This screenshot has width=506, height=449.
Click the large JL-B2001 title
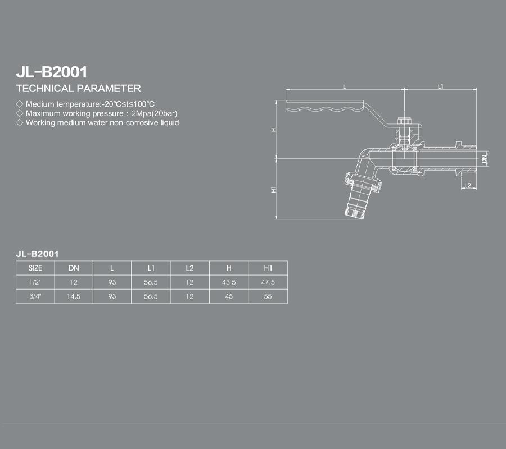click(x=52, y=72)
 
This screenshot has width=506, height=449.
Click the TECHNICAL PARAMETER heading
click(x=78, y=89)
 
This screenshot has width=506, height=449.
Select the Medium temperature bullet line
click(x=85, y=104)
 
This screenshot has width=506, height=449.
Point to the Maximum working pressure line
click(x=97, y=113)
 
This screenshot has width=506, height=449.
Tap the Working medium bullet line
click(x=97, y=123)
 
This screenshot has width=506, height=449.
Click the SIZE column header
click(x=35, y=268)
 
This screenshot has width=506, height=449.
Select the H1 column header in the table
click(x=268, y=268)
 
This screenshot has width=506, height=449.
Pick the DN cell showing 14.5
click(x=74, y=296)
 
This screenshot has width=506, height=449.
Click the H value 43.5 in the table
click(x=229, y=282)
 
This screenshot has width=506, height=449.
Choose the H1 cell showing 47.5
click(x=268, y=282)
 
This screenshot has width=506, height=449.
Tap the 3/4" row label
click(x=35, y=296)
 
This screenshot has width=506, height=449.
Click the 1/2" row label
click(x=35, y=282)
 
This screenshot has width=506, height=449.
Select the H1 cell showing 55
click(x=268, y=296)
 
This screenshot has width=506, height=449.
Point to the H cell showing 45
click(x=229, y=296)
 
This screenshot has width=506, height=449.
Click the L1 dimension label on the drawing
click(x=440, y=86)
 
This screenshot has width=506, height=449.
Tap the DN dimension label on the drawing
click(x=484, y=159)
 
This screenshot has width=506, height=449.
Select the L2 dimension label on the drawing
click(x=468, y=185)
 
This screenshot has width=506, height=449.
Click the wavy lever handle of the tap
click(x=325, y=106)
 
